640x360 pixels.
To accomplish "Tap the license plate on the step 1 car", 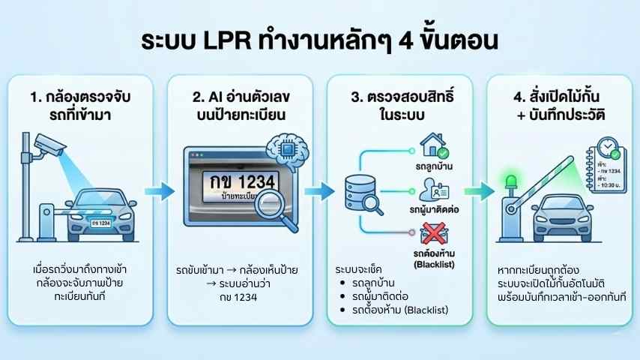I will (99, 223).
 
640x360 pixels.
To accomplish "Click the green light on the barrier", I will (511, 181).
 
